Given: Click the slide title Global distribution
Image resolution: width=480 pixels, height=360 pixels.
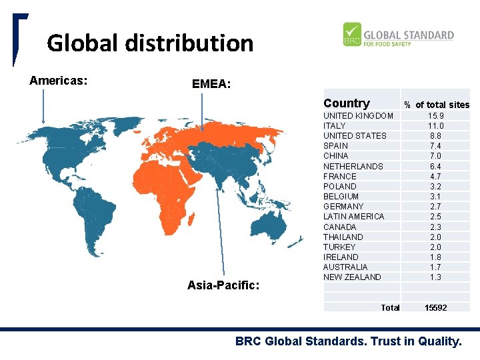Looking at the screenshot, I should (150, 43).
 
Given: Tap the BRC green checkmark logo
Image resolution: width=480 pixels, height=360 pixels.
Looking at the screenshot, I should (352, 35).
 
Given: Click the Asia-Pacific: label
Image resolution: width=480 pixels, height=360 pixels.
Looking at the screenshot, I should (223, 285).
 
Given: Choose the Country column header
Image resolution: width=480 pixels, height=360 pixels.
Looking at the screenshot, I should (346, 103).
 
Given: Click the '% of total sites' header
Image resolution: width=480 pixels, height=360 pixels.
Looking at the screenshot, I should (436, 105).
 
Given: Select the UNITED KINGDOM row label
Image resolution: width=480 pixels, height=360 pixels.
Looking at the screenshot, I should (358, 116).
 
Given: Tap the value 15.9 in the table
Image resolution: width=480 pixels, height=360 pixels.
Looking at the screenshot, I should (436, 116).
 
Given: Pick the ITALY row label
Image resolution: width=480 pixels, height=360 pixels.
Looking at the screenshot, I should (335, 126).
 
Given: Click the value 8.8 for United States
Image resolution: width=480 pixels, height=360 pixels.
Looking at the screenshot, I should (436, 136).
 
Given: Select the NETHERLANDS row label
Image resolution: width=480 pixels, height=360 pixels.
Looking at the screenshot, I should (353, 166).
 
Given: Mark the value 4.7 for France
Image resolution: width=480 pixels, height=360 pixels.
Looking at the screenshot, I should (436, 176).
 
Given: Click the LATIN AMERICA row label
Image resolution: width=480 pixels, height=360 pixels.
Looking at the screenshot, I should (354, 217).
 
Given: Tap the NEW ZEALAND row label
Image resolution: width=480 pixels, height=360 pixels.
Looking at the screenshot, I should (352, 277).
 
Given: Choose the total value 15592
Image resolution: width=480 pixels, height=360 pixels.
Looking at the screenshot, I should (436, 307).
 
